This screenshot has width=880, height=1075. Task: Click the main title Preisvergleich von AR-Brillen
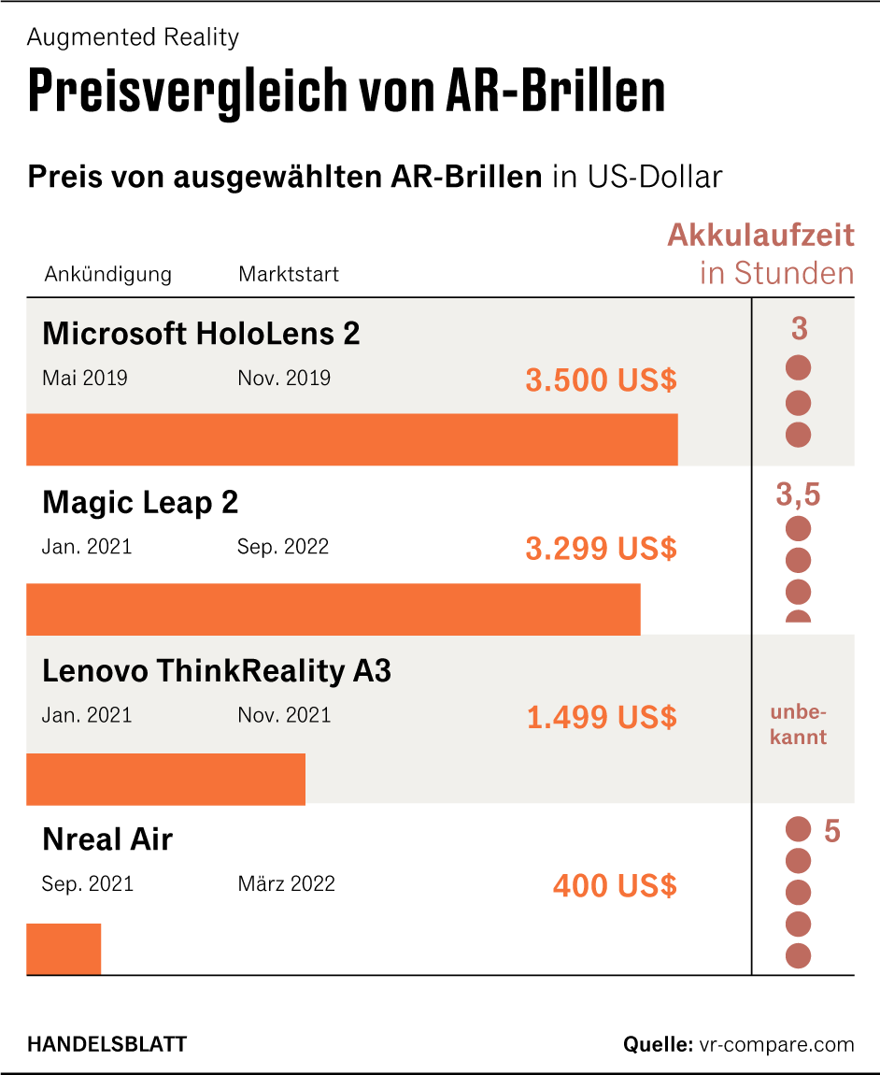click(x=346, y=92)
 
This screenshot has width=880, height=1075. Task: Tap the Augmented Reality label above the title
click(x=133, y=37)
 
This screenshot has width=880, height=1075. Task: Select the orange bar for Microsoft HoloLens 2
click(x=351, y=439)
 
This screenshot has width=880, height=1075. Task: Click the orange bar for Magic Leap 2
click(x=333, y=609)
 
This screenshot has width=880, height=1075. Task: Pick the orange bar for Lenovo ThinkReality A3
click(x=165, y=779)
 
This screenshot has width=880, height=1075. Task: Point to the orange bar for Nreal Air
click(x=64, y=949)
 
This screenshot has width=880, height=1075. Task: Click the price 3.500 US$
click(x=601, y=380)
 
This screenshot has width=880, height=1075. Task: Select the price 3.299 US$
click(x=601, y=549)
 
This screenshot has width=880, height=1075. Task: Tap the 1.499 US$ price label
click(x=601, y=718)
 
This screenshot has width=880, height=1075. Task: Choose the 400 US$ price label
click(x=614, y=885)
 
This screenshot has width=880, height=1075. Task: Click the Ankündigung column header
click(x=107, y=274)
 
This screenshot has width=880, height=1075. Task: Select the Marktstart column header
click(x=288, y=274)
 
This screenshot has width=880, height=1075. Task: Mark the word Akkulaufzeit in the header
click(x=760, y=235)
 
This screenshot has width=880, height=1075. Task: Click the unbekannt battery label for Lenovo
click(x=798, y=725)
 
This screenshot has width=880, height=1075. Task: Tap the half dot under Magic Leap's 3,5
click(x=798, y=616)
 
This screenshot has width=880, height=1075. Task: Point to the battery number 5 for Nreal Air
click(x=831, y=830)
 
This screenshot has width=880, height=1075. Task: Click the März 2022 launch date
click(x=286, y=883)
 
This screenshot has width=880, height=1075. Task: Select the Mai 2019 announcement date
click(x=85, y=378)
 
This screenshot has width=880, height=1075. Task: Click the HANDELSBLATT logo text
click(x=106, y=1044)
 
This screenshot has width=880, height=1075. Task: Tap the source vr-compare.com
click(x=775, y=1044)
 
